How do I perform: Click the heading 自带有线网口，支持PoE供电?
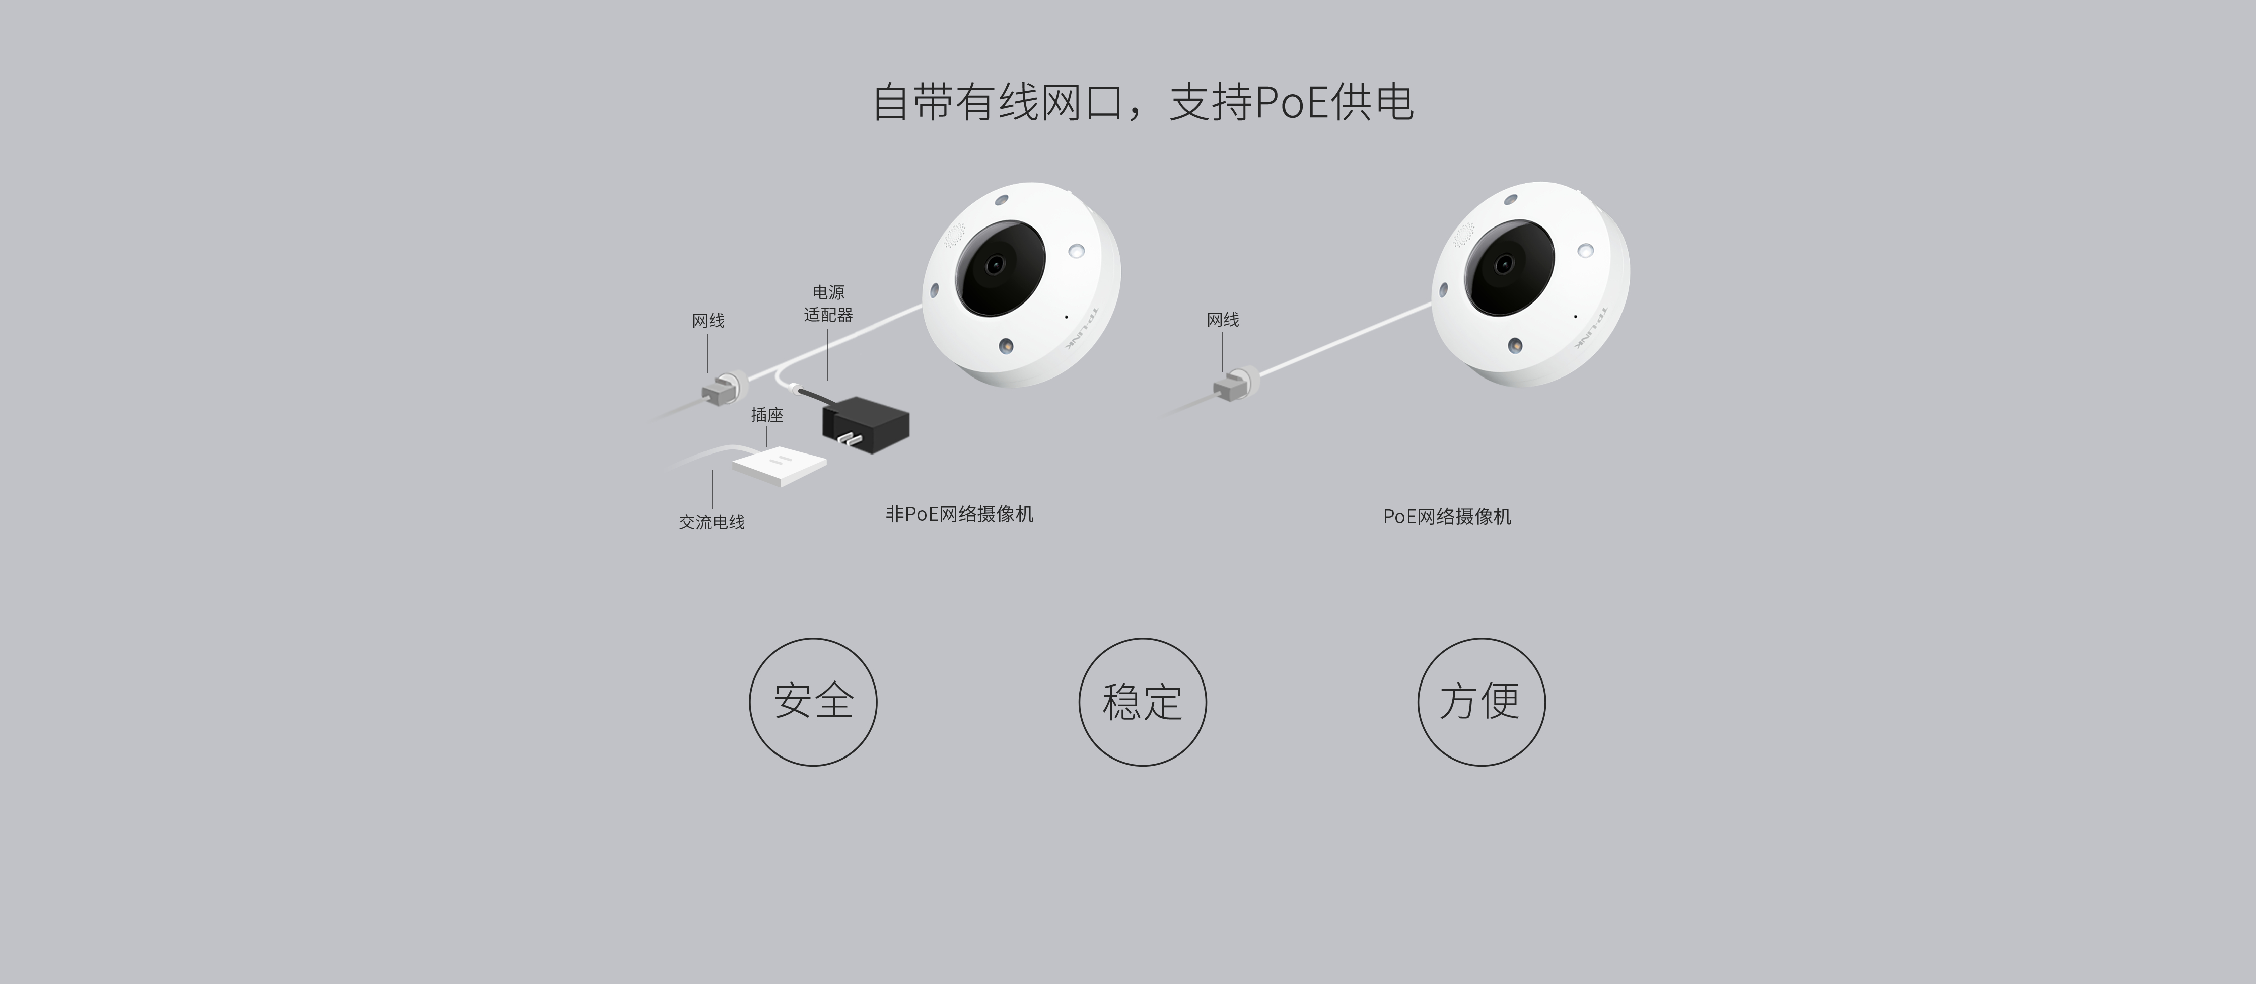[x=1143, y=103]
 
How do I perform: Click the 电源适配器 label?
[x=827, y=303]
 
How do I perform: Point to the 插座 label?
[x=767, y=415]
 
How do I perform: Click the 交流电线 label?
[x=712, y=522]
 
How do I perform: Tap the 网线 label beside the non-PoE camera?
[x=709, y=321]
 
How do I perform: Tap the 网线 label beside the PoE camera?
[x=1223, y=320]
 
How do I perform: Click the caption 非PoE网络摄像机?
[x=959, y=514]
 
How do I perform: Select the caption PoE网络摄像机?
[x=1447, y=516]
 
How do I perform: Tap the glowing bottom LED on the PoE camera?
[x=1514, y=345]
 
